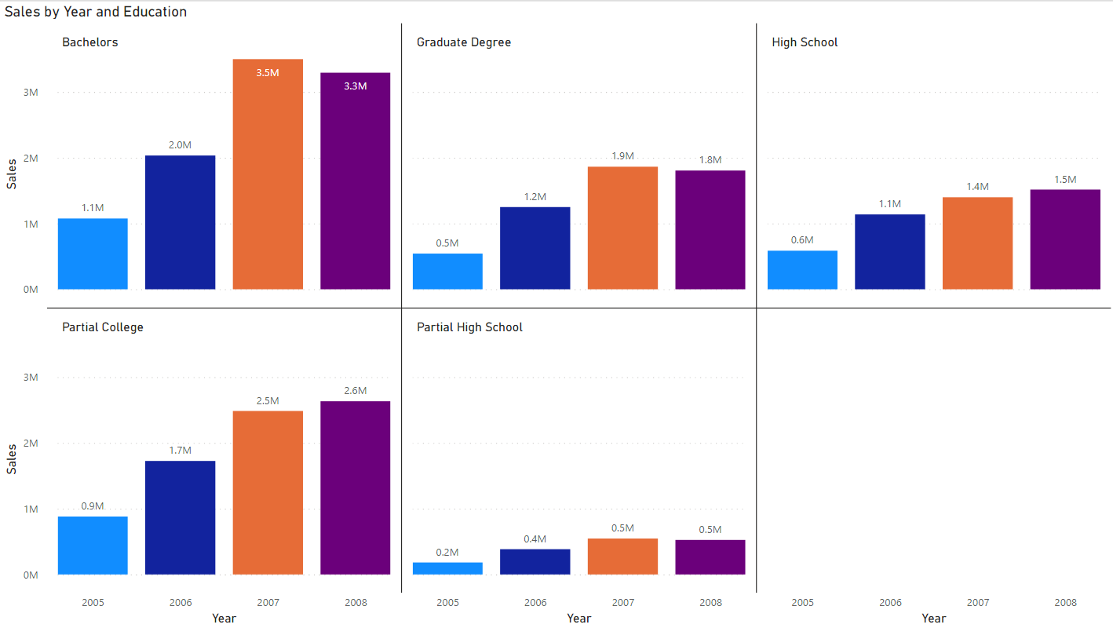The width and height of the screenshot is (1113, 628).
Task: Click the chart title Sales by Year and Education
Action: coord(96,12)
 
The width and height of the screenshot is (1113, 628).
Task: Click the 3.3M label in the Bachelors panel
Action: coord(355,86)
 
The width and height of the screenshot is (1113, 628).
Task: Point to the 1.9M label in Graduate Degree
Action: coord(622,155)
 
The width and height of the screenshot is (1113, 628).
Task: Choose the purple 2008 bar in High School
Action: coord(1065,239)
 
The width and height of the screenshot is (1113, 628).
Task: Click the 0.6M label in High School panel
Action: coord(802,239)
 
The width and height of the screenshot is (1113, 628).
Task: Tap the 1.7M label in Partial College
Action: coord(181,450)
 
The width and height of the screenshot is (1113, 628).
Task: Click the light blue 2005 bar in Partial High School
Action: coord(447,568)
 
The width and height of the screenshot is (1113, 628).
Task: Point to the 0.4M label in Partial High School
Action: coord(535,539)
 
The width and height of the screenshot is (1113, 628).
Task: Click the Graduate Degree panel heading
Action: coord(464,42)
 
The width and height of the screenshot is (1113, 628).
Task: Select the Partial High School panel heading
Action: coord(469,327)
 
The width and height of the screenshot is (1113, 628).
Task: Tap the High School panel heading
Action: coord(805,42)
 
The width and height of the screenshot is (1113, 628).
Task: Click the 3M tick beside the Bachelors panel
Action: coord(31,92)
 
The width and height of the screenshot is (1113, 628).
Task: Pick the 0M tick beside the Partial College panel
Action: coord(31,575)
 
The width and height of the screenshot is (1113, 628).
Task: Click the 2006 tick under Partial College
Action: coord(181,603)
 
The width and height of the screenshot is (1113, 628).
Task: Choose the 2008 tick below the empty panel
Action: coord(1065,603)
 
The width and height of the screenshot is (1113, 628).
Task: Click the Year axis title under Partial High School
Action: coord(578,619)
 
